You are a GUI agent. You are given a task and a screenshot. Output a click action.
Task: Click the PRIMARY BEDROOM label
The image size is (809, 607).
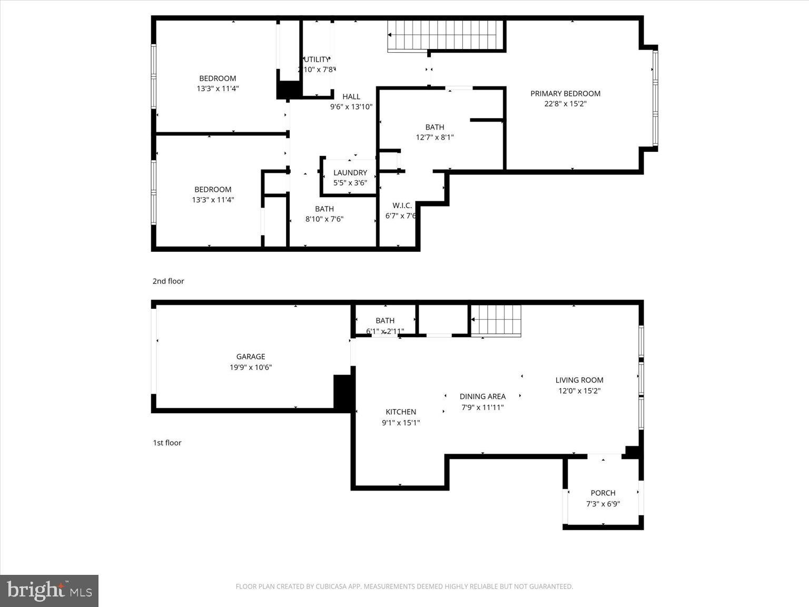(x=565, y=94)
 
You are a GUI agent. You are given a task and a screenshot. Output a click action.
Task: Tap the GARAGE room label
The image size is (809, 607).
(x=251, y=357)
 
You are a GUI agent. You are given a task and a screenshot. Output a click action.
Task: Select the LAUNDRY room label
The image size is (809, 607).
(x=350, y=173)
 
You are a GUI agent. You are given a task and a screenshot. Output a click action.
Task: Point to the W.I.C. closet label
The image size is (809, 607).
(x=402, y=205)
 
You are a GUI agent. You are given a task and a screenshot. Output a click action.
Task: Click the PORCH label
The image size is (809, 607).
(x=603, y=493)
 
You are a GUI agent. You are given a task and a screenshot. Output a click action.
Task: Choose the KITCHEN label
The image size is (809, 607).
(x=401, y=412)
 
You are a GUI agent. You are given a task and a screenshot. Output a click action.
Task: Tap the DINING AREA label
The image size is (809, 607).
(x=482, y=397)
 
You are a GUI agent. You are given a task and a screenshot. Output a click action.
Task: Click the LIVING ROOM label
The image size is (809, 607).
(x=579, y=380)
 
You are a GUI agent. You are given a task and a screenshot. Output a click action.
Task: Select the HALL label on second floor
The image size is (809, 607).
(x=351, y=96)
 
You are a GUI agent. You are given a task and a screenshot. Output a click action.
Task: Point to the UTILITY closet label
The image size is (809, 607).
(x=317, y=60)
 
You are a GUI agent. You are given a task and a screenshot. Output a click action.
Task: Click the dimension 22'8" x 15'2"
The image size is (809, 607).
(x=565, y=104)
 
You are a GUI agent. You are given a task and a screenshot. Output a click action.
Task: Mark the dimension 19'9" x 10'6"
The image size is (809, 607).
(x=251, y=368)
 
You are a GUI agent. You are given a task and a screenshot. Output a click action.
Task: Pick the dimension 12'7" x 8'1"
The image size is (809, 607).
(x=435, y=138)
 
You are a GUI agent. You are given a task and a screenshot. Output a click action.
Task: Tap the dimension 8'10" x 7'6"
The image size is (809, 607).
(x=324, y=219)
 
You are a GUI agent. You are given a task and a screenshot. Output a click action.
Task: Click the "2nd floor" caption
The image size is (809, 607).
(x=169, y=281)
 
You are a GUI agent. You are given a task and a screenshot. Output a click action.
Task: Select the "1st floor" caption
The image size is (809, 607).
(x=167, y=443)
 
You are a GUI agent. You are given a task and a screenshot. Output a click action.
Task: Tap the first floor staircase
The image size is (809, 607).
(x=496, y=320)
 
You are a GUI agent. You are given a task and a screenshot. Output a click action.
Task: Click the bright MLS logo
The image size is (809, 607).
(x=49, y=591)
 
